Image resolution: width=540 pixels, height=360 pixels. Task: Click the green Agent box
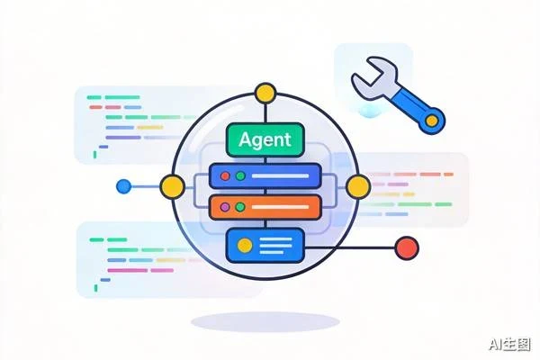[x=265, y=139]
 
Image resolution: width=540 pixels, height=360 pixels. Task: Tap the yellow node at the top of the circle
[x=265, y=93]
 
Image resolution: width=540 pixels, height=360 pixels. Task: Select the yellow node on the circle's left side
[x=172, y=186]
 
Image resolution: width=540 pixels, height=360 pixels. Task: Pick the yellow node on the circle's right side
[x=358, y=186]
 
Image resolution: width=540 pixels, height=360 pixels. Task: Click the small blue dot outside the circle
[x=123, y=186]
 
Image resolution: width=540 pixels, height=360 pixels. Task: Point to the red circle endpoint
[x=407, y=247]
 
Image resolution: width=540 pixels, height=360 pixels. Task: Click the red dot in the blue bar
[x=225, y=176]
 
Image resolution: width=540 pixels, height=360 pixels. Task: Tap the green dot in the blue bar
[x=240, y=176]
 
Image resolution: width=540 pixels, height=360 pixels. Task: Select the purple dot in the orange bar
[x=225, y=207]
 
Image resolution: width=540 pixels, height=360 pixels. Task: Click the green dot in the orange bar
[x=240, y=207]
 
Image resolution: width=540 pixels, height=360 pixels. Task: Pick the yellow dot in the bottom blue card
[x=245, y=246]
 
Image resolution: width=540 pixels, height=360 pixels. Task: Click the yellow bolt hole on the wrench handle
[x=431, y=121]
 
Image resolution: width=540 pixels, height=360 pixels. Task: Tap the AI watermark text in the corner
[x=509, y=345]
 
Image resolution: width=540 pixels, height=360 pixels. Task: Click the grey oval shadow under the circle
[x=265, y=322]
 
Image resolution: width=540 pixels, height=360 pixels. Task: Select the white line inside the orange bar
[x=280, y=207]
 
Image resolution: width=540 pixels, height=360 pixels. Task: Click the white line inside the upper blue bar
[x=280, y=176]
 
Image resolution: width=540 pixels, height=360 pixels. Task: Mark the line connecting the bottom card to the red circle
[x=350, y=247]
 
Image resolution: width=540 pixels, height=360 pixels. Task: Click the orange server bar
[x=265, y=207]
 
